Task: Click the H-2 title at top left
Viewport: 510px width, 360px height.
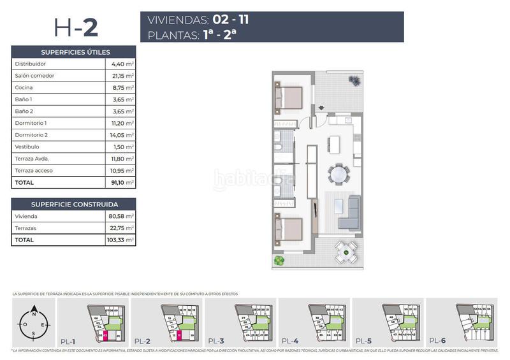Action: [x=75, y=27]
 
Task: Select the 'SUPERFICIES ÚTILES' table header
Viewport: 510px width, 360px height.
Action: [x=75, y=52]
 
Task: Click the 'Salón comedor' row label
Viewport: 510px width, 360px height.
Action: [x=34, y=76]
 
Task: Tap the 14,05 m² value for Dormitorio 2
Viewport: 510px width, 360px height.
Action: [x=122, y=135]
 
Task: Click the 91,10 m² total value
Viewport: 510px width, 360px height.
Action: [x=122, y=182]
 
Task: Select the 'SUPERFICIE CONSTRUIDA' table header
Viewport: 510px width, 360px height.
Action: [x=75, y=205]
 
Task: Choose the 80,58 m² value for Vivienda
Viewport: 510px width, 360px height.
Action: [x=122, y=217]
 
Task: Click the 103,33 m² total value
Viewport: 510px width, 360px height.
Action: [x=121, y=240]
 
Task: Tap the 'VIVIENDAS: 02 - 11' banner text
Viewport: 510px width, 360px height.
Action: [x=198, y=20]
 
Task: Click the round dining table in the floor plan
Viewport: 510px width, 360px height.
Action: [x=338, y=173]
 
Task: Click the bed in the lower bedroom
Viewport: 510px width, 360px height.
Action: [x=289, y=229]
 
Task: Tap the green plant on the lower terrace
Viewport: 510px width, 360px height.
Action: [x=278, y=260]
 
